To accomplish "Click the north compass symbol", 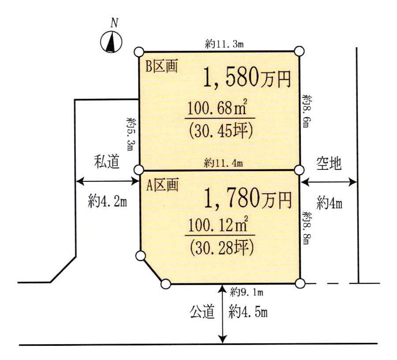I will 112,42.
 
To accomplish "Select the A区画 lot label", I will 162,186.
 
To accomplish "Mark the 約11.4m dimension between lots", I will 223,164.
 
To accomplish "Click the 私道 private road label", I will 107,163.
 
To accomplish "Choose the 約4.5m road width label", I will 248,312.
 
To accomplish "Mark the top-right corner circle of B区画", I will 299,51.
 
